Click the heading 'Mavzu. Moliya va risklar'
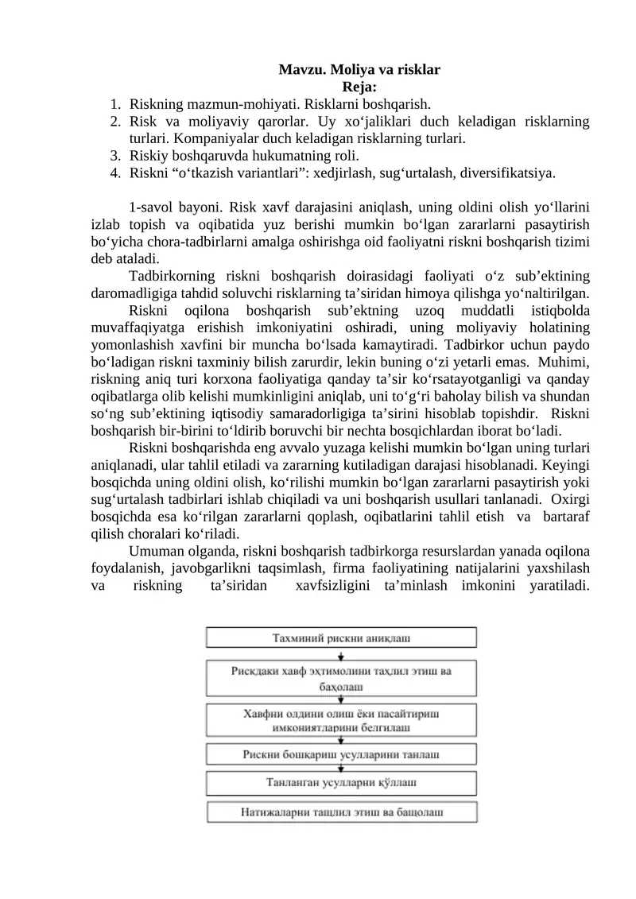[x=359, y=69]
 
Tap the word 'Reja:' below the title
[x=359, y=86]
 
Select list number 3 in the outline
[x=115, y=155]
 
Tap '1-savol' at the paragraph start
[x=153, y=207]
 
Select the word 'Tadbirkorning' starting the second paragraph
[x=171, y=277]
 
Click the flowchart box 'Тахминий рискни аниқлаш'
[x=342, y=637]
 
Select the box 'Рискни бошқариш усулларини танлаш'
[x=342, y=754]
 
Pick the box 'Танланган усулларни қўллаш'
[x=342, y=782]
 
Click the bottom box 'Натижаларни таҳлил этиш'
[x=342, y=812]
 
